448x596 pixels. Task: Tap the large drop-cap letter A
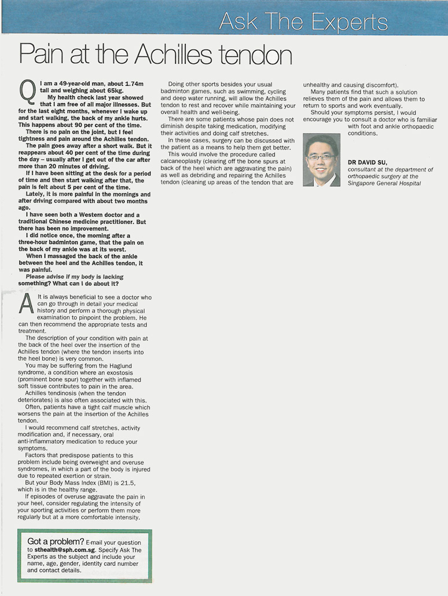click(x=27, y=304)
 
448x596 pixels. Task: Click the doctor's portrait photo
click(x=322, y=160)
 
